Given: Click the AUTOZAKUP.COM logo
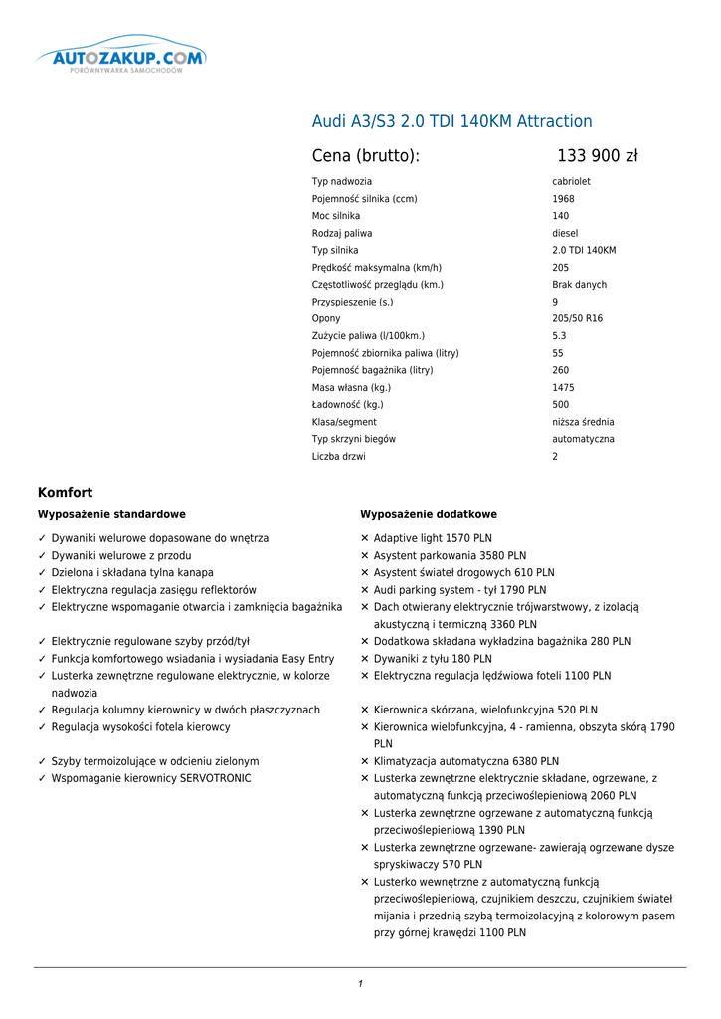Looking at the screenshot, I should tap(121, 59).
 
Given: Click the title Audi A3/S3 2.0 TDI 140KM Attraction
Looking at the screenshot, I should tap(451, 121).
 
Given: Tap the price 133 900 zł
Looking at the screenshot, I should tap(597, 156).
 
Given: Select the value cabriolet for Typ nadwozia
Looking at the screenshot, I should tap(571, 182).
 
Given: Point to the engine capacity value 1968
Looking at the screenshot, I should tap(563, 199).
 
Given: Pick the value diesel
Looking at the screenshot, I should tap(565, 233).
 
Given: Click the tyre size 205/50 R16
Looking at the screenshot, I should tap(577, 319).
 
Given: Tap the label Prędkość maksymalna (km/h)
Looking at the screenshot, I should tap(377, 268).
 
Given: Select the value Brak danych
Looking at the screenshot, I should tap(579, 285).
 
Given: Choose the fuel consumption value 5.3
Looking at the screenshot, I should tap(559, 336).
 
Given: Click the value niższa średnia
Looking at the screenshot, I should tap(583, 422).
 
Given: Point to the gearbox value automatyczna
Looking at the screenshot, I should tap(583, 439).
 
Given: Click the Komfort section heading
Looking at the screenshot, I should tap(65, 492).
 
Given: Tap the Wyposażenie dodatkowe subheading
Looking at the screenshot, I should tap(429, 514).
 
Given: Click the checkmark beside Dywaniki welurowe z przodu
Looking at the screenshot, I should tap(42, 556).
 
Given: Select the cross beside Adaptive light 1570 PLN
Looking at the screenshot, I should tap(365, 539).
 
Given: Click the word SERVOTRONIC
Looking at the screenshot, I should tap(216, 778).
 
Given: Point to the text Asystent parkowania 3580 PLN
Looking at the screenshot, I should tap(450, 556).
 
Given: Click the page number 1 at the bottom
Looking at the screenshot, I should tap(360, 984).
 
